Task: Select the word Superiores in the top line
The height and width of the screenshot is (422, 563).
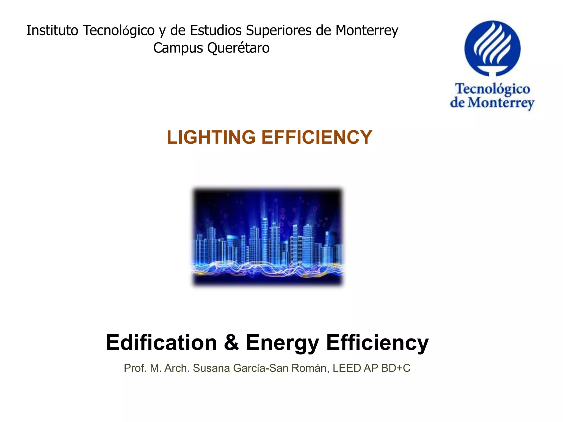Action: (x=279, y=31)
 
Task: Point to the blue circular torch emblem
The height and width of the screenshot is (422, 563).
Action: (x=492, y=48)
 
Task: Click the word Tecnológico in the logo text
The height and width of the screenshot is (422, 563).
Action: (x=492, y=89)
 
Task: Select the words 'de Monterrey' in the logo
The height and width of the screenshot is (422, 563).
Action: (x=492, y=103)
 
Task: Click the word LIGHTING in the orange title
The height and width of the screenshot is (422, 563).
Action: (x=211, y=137)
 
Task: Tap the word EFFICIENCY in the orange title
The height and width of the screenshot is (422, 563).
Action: (x=317, y=137)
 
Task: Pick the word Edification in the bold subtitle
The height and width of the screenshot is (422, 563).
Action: (x=161, y=343)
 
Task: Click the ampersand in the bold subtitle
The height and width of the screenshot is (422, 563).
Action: (x=231, y=343)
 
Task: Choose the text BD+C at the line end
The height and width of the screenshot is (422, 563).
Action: (x=396, y=368)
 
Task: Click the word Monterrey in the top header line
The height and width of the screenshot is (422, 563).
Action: (x=367, y=31)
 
